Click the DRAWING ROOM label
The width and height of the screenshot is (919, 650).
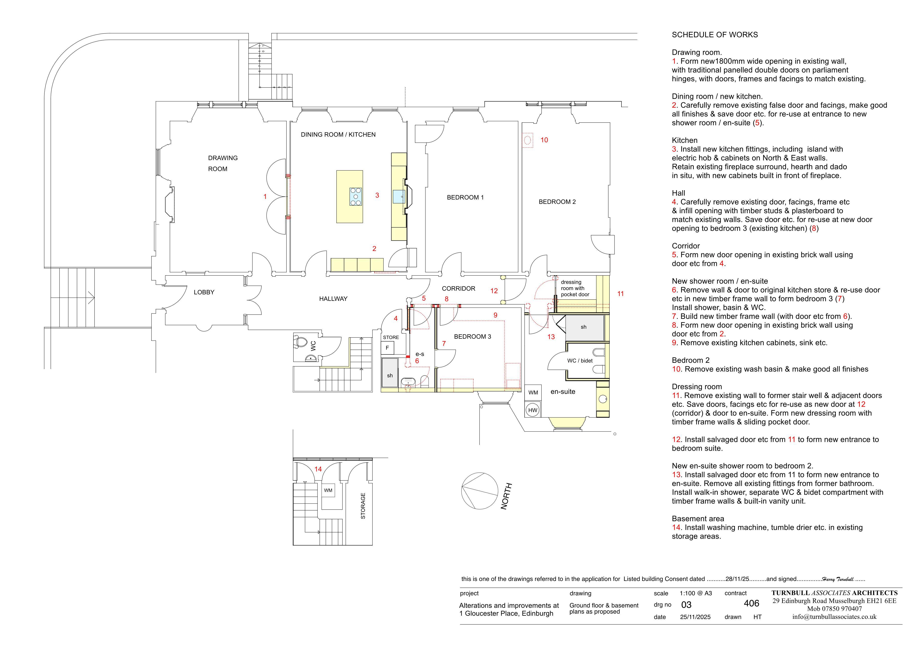(x=223, y=163)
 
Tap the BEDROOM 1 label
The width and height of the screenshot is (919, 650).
(x=465, y=197)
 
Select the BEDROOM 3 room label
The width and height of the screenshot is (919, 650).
(x=473, y=337)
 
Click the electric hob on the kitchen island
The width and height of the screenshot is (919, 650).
(x=356, y=196)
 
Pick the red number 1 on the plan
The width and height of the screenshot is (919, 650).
(x=265, y=196)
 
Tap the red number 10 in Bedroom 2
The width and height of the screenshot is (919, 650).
(x=544, y=140)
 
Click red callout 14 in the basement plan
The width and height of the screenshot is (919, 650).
(x=318, y=469)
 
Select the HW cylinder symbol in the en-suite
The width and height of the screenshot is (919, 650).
(x=533, y=410)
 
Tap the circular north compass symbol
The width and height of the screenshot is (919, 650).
(x=479, y=490)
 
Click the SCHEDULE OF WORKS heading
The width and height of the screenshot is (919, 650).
(x=715, y=35)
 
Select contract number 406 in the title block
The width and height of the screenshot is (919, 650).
(x=752, y=603)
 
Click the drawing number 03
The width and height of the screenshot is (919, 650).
(x=686, y=605)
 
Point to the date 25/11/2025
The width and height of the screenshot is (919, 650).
(x=695, y=617)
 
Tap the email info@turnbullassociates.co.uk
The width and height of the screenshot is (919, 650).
(x=834, y=617)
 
